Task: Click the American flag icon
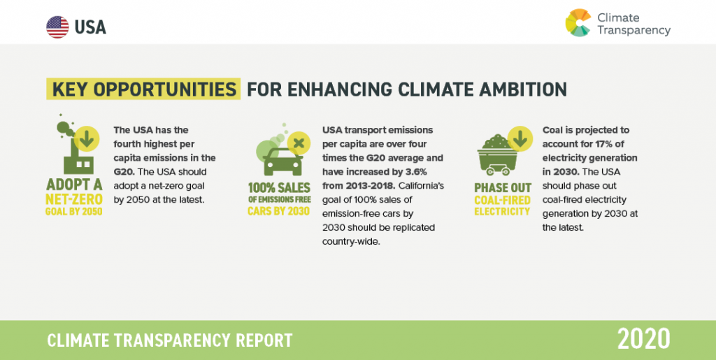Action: (57, 27)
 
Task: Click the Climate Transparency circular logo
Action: (578, 23)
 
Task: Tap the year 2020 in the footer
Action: (644, 339)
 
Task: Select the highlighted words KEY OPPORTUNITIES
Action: (143, 89)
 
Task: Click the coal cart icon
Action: (495, 155)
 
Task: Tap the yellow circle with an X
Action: (299, 143)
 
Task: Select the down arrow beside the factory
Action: (87, 140)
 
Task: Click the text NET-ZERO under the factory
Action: (74, 199)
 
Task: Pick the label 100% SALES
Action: (279, 187)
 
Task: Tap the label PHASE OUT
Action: (503, 188)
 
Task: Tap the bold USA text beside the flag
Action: (90, 27)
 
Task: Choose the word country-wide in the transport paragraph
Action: (351, 241)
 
